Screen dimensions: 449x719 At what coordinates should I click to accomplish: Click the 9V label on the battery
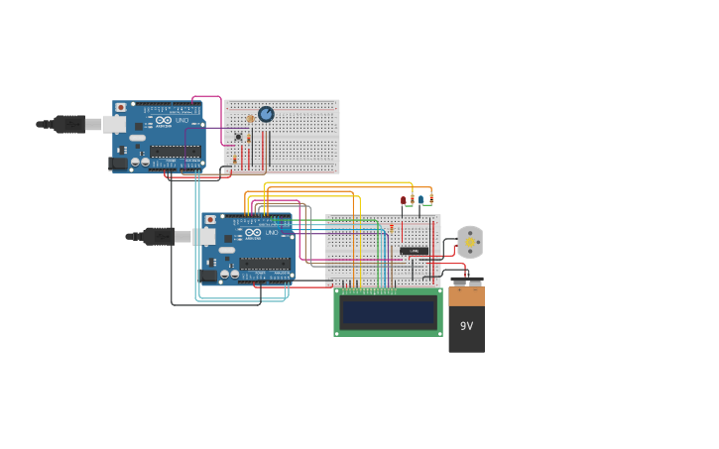point(466,326)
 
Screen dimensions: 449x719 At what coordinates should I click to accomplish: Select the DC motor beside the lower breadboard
point(470,242)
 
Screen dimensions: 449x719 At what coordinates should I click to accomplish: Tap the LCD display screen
point(388,312)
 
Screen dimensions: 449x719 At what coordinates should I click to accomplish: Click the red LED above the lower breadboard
point(404,200)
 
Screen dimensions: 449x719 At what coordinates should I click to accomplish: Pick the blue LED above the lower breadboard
point(420,199)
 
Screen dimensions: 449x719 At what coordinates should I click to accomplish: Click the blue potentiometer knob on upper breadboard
point(266,114)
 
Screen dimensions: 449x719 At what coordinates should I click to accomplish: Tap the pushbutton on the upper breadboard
point(238,137)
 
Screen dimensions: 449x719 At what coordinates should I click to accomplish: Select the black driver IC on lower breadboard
point(414,251)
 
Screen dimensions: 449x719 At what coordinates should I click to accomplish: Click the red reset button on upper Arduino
point(121,107)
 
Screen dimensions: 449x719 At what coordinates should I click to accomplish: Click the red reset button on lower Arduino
point(210,219)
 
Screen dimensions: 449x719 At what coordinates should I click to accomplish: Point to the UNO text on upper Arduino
point(182,121)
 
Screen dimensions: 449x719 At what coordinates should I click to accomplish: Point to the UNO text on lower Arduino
point(272,233)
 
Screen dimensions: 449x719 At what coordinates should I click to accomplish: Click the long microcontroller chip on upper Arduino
point(176,152)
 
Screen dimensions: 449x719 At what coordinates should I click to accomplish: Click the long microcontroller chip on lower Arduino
point(265,264)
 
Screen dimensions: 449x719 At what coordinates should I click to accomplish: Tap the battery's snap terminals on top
point(466,281)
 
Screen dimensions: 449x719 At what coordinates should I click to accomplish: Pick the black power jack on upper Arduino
point(118,163)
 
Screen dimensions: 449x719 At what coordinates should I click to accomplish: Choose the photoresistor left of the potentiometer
point(251,119)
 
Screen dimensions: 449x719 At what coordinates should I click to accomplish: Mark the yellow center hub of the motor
point(470,242)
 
